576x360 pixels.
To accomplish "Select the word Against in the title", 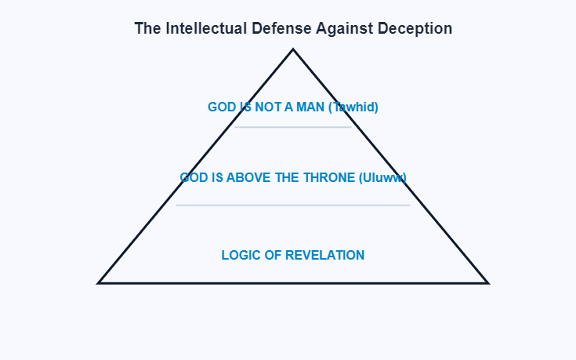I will click(x=344, y=28).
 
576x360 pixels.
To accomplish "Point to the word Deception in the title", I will click(x=415, y=28).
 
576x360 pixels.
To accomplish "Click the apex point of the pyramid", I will click(x=293, y=49).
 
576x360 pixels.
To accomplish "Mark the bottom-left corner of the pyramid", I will click(x=99, y=282).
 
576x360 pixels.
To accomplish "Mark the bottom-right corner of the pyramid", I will click(x=487, y=282).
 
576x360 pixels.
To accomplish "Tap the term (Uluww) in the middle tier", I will click(x=382, y=177).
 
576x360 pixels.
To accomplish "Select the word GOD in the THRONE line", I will click(x=193, y=177).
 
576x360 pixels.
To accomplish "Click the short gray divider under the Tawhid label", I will click(x=293, y=127).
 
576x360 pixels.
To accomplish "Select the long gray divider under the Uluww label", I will click(x=293, y=205).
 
